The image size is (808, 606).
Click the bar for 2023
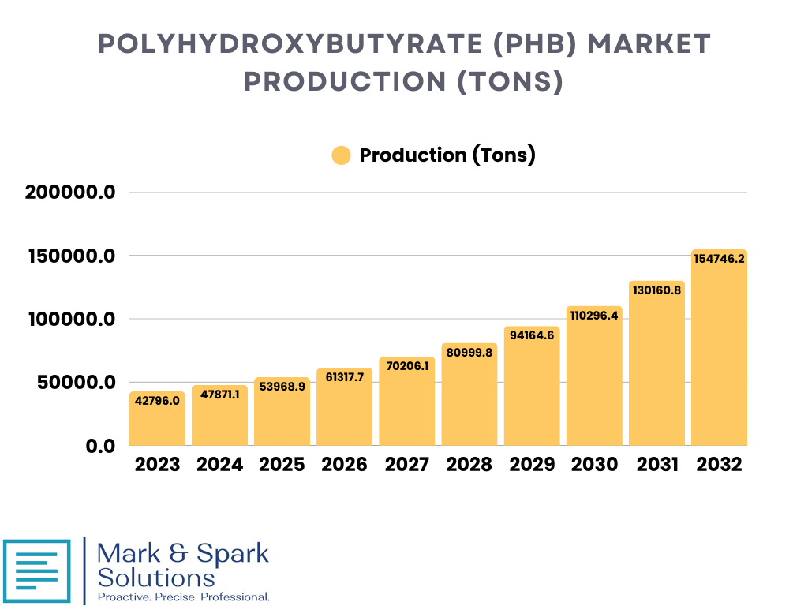(x=157, y=420)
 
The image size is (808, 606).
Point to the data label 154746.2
(x=719, y=258)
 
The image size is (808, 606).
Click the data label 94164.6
(x=532, y=335)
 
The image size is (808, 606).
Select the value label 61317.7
(x=344, y=377)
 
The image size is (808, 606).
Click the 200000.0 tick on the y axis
(x=71, y=193)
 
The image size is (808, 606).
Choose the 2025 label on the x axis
(x=282, y=464)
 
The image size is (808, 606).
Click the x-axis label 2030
(x=594, y=464)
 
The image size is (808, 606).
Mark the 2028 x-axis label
(x=469, y=464)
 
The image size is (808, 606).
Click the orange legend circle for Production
(x=341, y=155)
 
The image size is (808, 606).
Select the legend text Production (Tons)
(x=447, y=155)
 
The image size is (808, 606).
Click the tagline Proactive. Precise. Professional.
(x=183, y=597)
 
